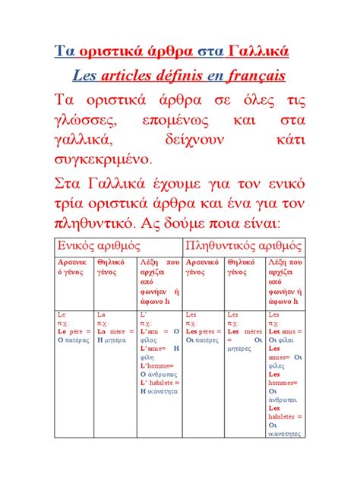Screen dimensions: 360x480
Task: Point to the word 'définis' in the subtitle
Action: (197, 76)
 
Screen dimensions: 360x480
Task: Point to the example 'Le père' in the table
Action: (72, 331)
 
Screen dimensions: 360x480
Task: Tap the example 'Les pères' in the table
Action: (203, 331)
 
